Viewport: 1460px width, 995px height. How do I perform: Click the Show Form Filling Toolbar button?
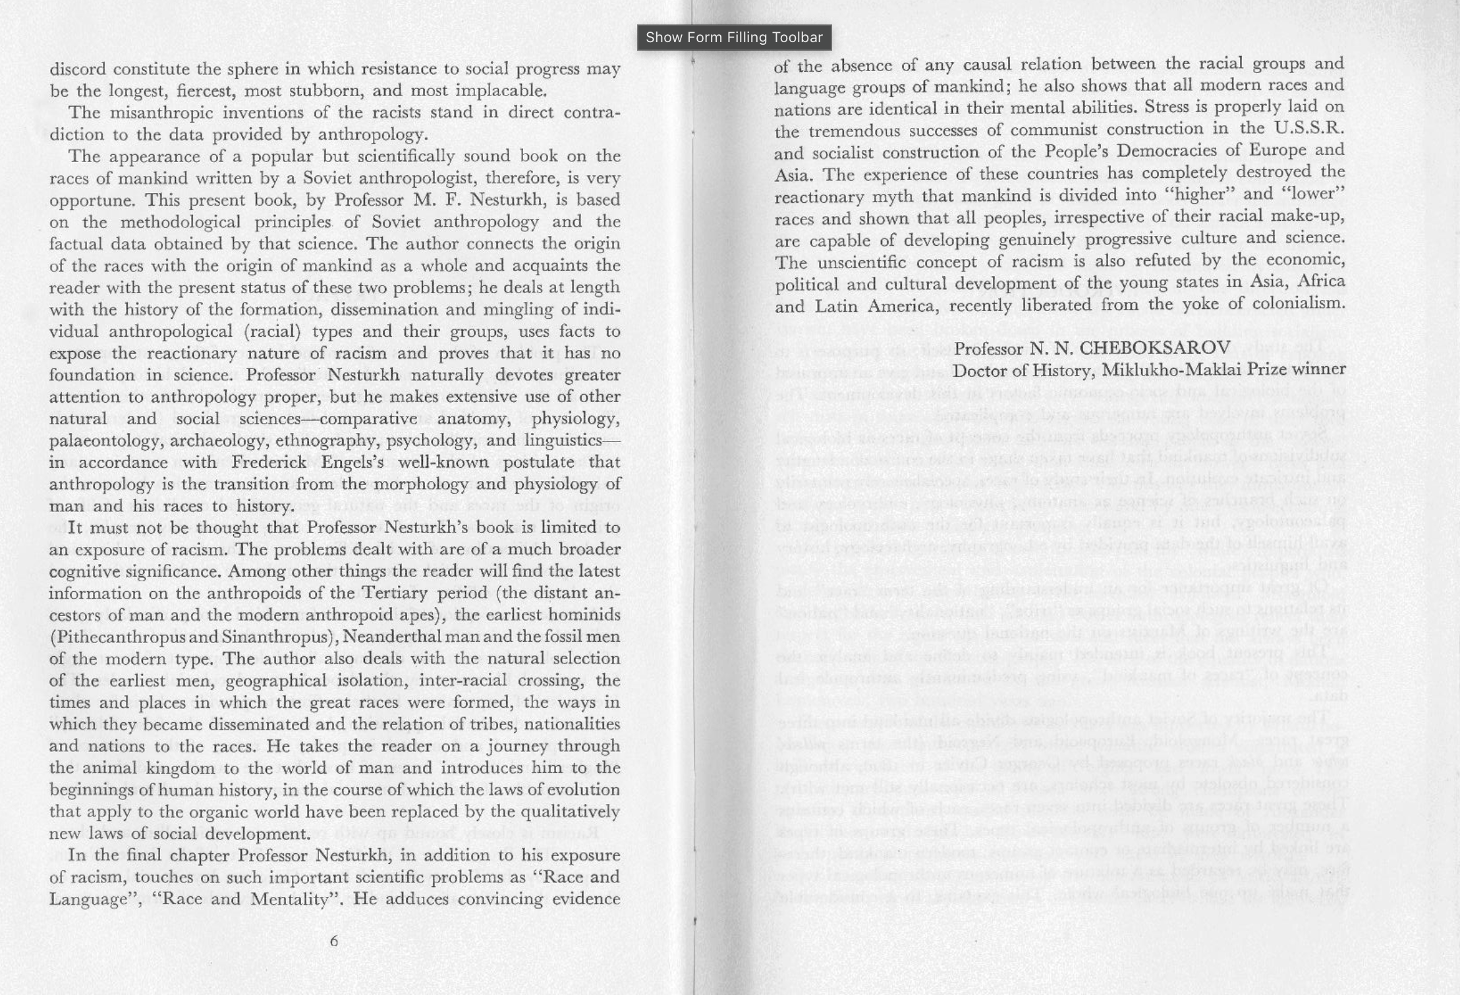(734, 38)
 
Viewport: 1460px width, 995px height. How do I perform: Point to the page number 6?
(334, 941)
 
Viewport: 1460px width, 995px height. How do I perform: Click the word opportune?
(92, 200)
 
